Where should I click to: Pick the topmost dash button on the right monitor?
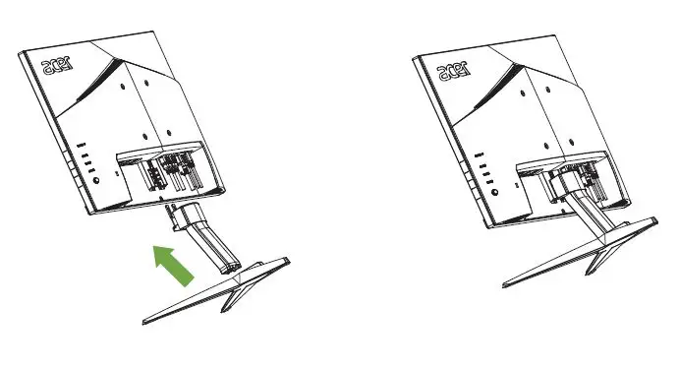tap(478, 154)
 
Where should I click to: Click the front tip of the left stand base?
tap(144, 321)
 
